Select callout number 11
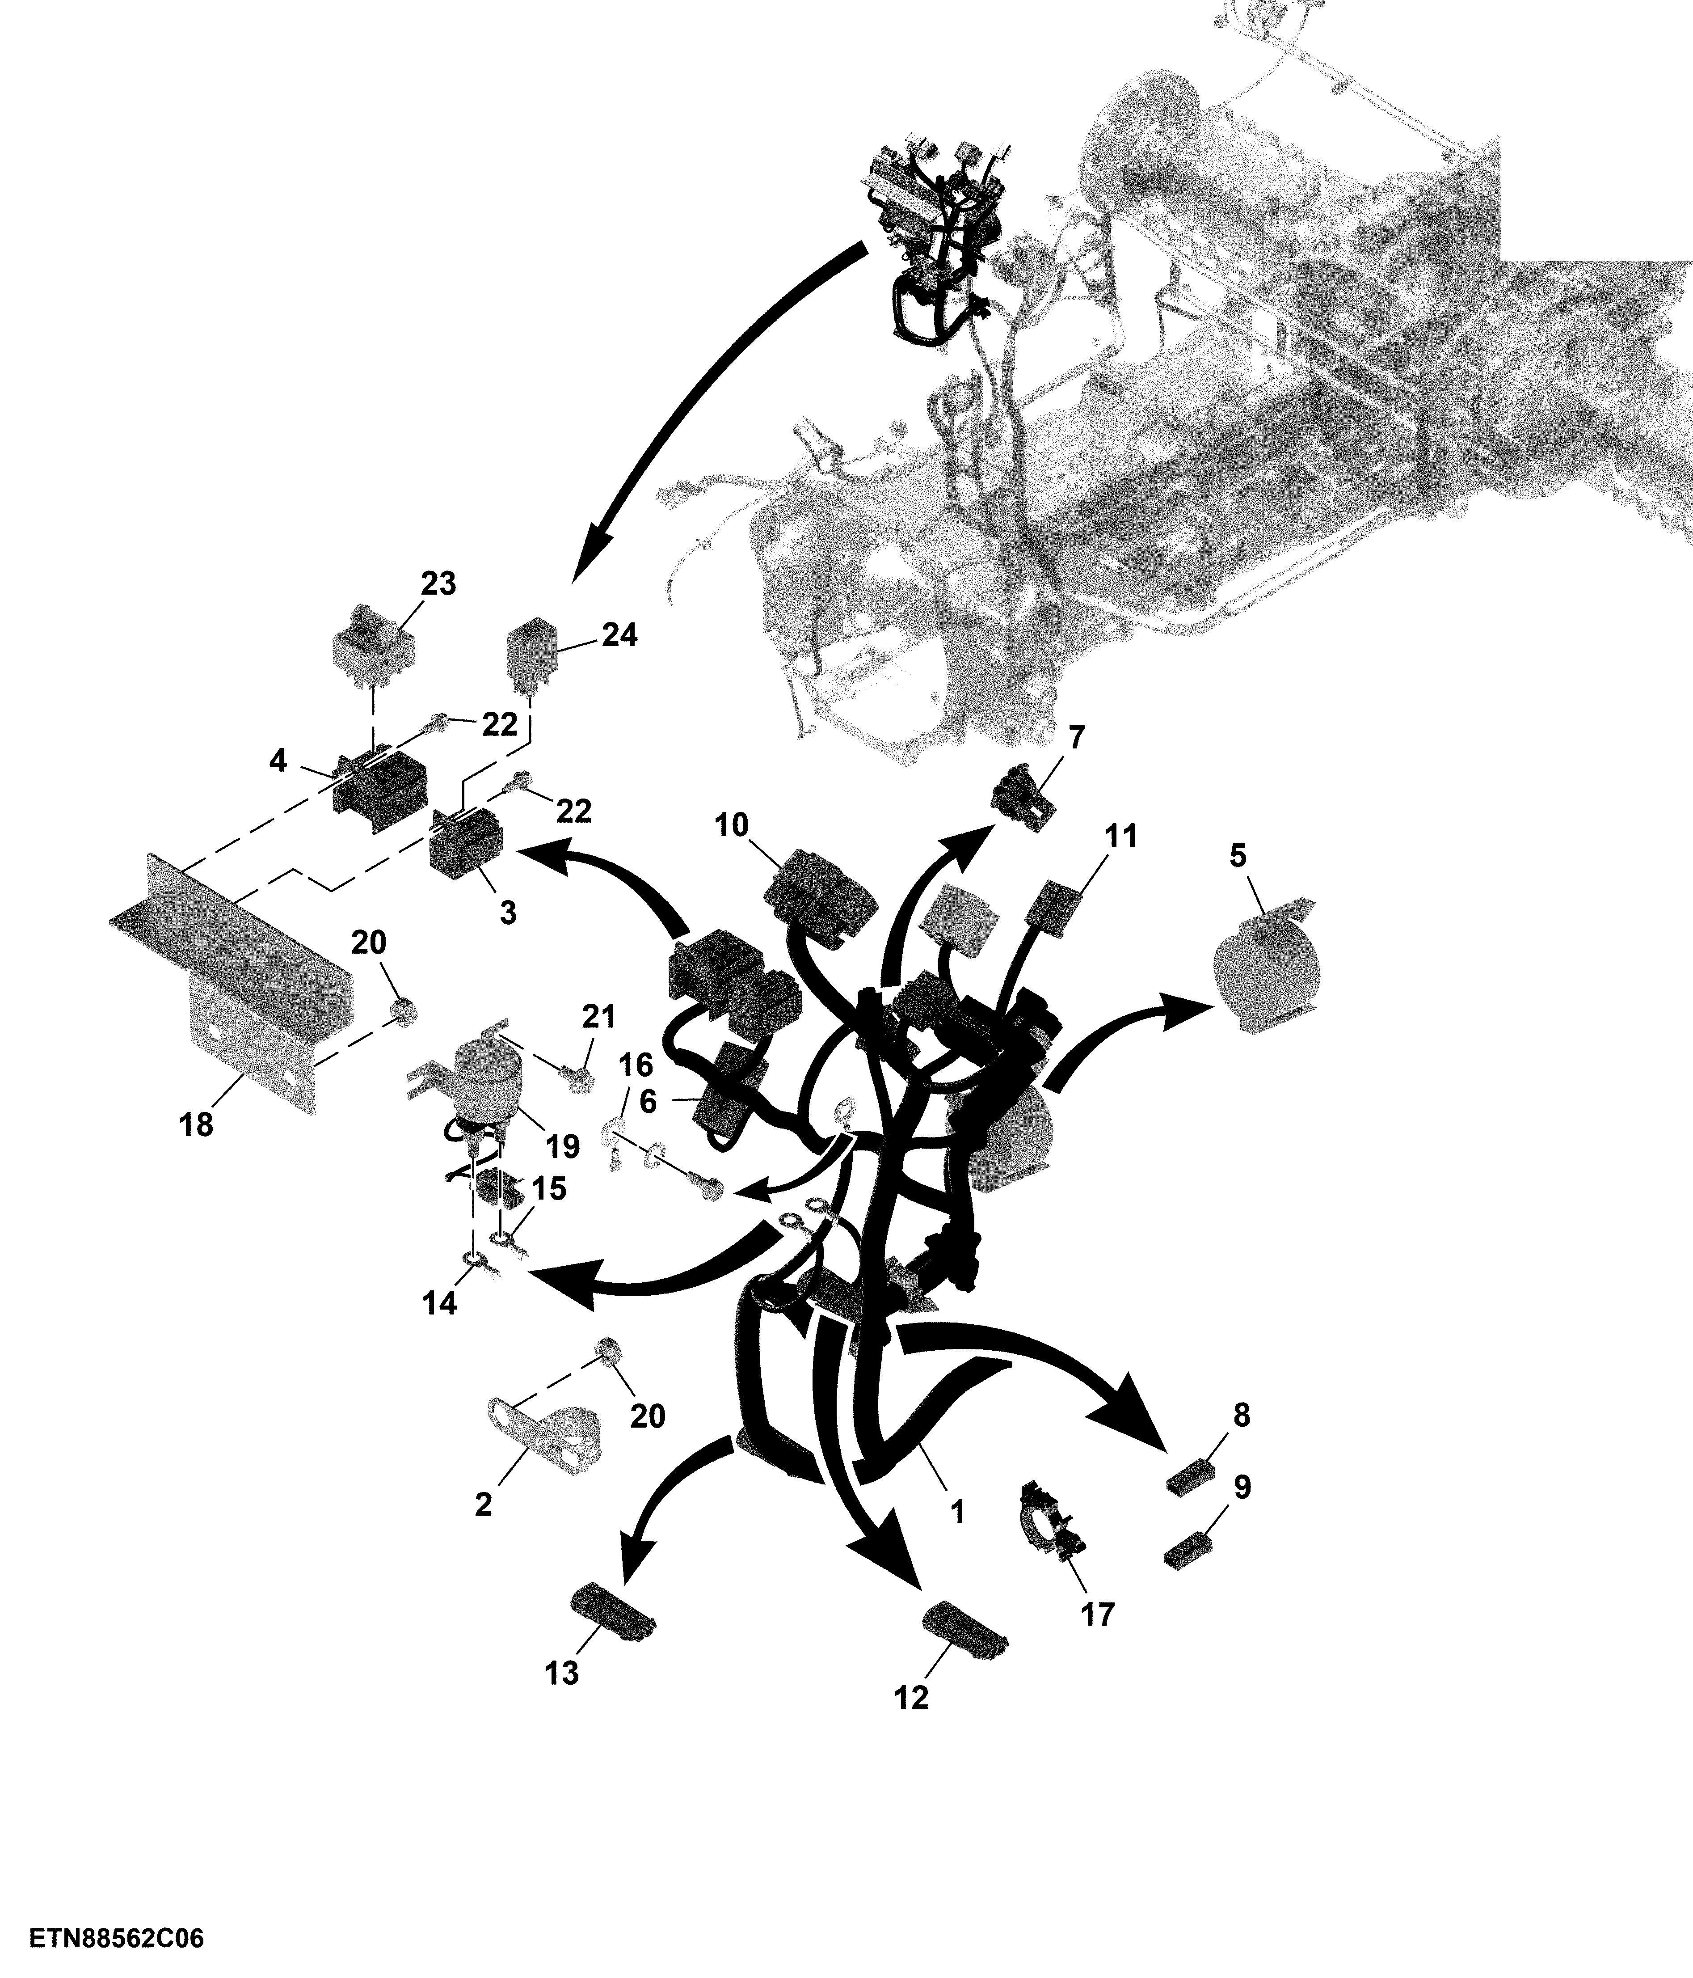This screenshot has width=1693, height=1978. pyautogui.click(x=1120, y=837)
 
